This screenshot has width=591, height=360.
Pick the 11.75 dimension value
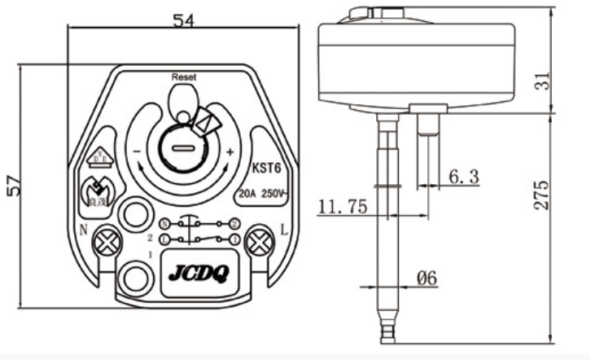pyautogui.click(x=343, y=206)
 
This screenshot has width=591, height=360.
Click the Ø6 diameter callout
pyautogui.click(x=427, y=279)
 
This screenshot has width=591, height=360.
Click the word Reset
pyautogui.click(x=184, y=77)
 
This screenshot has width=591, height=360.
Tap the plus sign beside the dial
pyautogui.click(x=230, y=152)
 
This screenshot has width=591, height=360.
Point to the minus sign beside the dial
pyautogui.click(x=138, y=152)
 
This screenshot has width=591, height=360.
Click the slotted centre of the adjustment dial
pyautogui.click(x=183, y=148)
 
